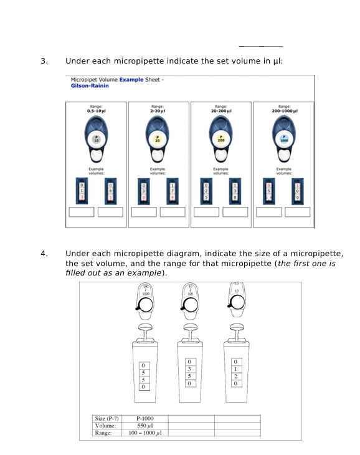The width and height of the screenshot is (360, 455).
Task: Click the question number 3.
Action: (44, 61)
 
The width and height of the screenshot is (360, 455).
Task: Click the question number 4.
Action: (44, 254)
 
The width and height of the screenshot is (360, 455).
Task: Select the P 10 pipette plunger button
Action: (96, 140)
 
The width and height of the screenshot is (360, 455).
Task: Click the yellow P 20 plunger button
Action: (158, 140)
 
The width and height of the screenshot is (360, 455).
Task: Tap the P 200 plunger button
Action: (220, 140)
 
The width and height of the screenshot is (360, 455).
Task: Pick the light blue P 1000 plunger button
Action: (283, 140)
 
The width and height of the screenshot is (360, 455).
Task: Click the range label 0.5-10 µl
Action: (96, 110)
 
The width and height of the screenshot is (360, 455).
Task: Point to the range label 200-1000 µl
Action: (283, 110)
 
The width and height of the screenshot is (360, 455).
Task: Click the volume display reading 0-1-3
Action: (82, 191)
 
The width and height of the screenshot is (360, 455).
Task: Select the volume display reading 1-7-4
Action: (173, 191)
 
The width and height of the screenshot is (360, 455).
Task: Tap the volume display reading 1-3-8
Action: (235, 191)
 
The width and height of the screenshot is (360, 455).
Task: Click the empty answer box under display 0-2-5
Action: (206, 212)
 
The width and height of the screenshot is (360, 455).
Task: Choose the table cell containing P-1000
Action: (144, 418)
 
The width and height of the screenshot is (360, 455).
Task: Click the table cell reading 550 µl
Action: (144, 425)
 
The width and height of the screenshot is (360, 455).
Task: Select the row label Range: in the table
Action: (103, 432)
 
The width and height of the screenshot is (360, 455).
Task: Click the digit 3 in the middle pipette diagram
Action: (189, 370)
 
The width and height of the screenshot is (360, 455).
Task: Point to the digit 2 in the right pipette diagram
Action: (235, 376)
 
